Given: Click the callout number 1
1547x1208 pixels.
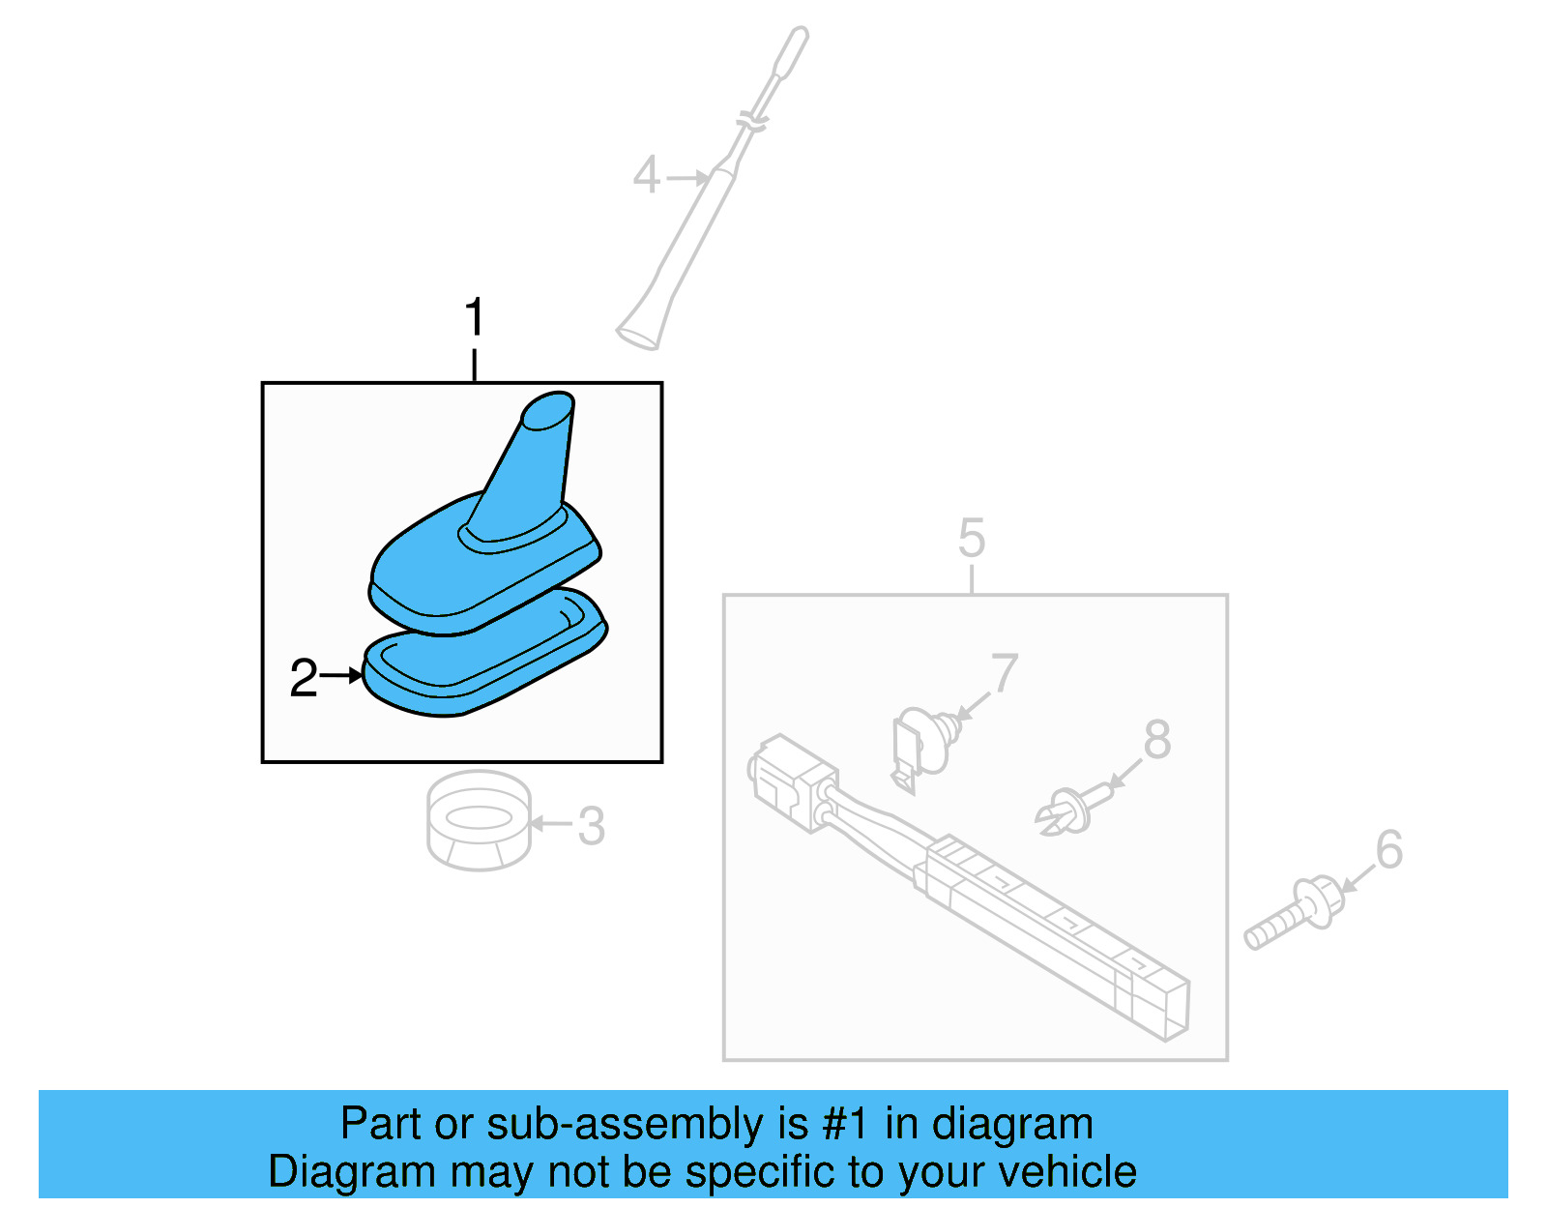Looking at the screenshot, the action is tap(474, 317).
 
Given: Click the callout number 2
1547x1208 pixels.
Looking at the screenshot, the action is tap(304, 678).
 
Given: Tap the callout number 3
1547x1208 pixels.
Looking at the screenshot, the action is tap(591, 826).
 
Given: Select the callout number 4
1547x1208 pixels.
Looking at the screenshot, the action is tap(646, 176).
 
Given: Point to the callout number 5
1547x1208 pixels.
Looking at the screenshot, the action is tap(972, 538).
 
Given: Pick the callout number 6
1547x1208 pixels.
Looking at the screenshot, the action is tap(1388, 850).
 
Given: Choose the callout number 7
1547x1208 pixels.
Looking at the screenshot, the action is tap(1005, 673).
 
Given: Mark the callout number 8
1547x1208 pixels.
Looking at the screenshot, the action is tap(1156, 740).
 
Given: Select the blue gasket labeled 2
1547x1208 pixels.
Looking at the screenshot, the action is tap(483, 667).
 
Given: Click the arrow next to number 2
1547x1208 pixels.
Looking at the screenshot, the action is tap(341, 675).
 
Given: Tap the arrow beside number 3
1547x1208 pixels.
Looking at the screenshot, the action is tap(551, 824).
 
